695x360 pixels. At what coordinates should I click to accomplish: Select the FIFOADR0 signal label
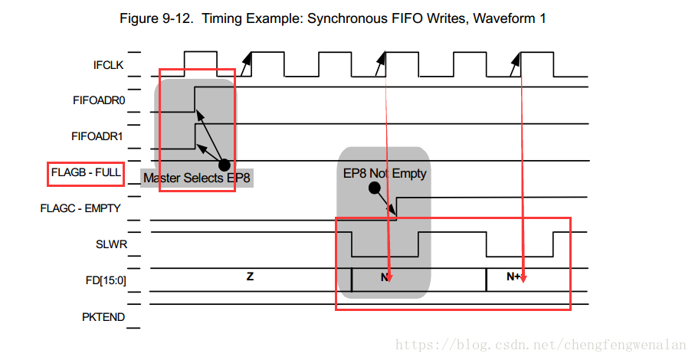pos(97,100)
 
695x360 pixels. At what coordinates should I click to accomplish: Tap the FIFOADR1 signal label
pos(97,137)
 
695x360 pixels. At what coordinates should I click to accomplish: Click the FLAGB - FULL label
pos(85,172)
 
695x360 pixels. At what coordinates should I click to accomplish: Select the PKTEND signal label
pos(103,316)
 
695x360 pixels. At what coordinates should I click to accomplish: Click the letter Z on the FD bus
pos(250,277)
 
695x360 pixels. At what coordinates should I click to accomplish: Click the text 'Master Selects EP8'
pos(197,178)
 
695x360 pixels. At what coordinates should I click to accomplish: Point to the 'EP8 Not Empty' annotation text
pos(385,173)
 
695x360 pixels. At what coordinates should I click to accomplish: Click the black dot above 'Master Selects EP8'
pos(224,165)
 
